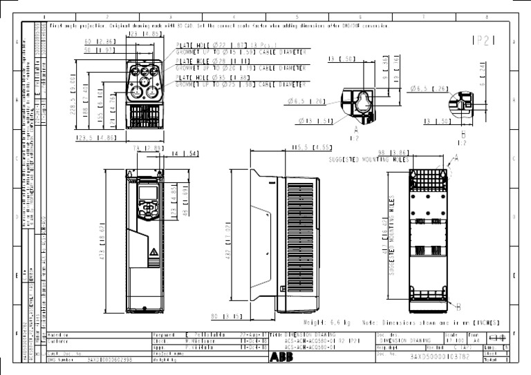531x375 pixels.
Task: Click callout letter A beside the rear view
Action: [x=456, y=157]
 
